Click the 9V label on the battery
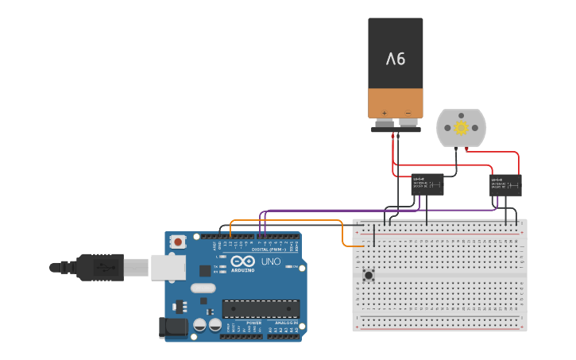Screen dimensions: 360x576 (x=396, y=59)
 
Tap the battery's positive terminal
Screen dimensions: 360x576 (x=385, y=122)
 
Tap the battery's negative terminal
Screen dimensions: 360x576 (x=408, y=122)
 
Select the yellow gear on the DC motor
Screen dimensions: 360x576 (x=461, y=127)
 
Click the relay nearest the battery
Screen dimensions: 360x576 (x=427, y=184)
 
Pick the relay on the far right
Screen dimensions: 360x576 (x=505, y=185)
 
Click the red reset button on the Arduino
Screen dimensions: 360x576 (x=179, y=242)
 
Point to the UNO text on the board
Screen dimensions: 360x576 (x=271, y=261)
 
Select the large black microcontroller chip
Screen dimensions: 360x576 (x=261, y=308)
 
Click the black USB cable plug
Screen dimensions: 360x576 (x=100, y=267)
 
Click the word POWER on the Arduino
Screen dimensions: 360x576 (x=253, y=322)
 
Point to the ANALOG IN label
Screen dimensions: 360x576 (x=284, y=322)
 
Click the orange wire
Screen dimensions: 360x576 (x=286, y=220)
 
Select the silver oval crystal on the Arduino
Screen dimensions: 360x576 (x=203, y=288)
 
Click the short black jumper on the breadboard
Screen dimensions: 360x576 (x=374, y=234)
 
